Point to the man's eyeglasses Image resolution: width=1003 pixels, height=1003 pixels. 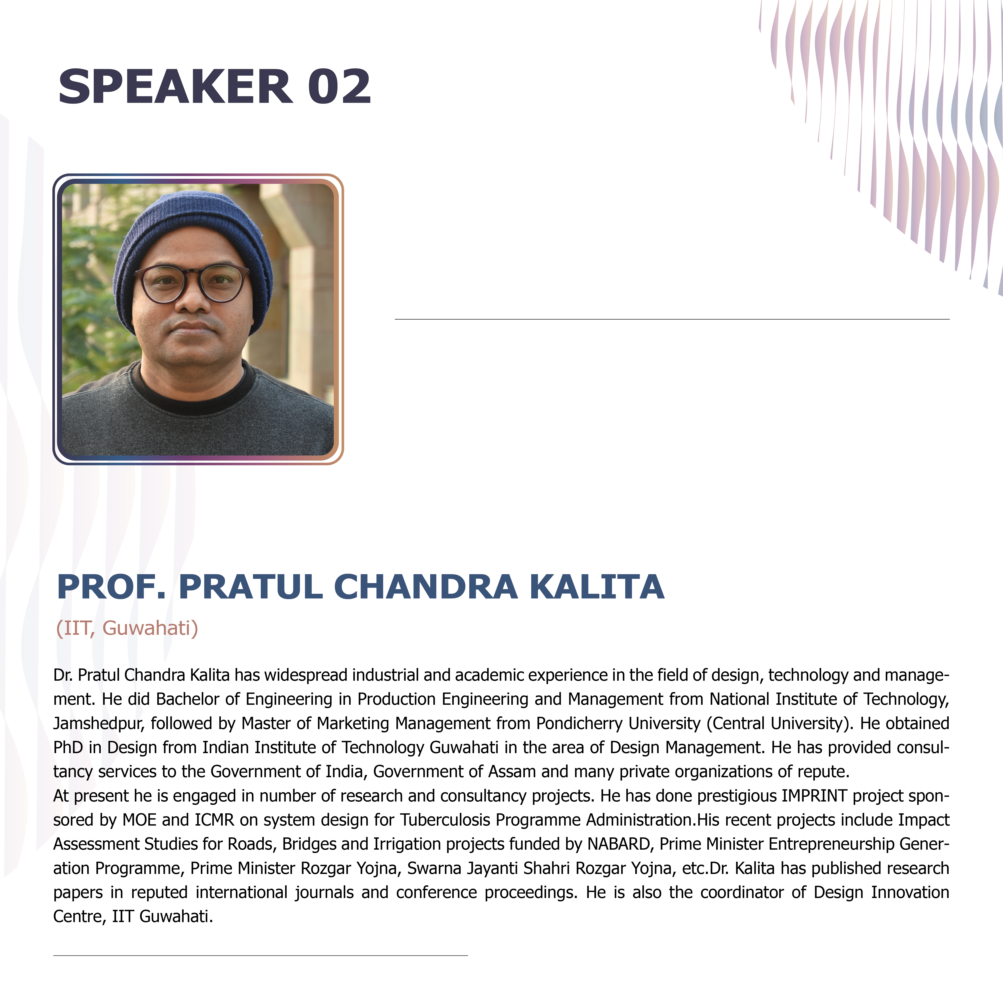pos(192,283)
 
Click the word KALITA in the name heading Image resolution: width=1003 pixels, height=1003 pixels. pos(597,587)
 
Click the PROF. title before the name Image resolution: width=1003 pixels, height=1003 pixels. pos(112,587)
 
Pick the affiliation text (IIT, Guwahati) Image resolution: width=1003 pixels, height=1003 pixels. pos(127,628)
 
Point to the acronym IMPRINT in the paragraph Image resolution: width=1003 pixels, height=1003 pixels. pos(814,795)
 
